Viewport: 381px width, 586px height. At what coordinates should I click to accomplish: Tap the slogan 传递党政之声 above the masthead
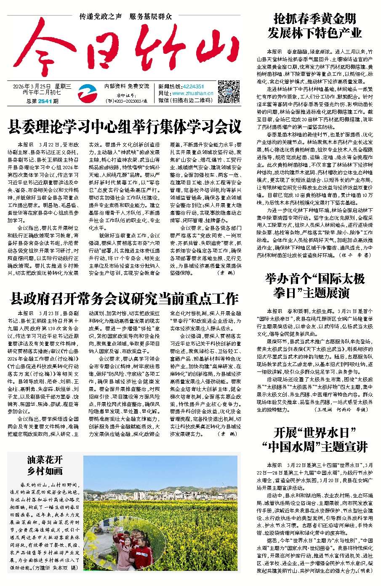101,17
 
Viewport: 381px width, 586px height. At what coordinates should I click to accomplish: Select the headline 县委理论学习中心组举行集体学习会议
125,126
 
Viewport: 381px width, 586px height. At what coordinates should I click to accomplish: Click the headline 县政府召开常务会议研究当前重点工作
124,299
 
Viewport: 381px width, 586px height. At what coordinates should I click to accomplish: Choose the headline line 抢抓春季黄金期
314,19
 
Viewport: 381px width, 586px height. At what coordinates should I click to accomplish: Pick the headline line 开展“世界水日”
314,432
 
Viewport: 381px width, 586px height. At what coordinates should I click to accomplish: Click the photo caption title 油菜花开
45,460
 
